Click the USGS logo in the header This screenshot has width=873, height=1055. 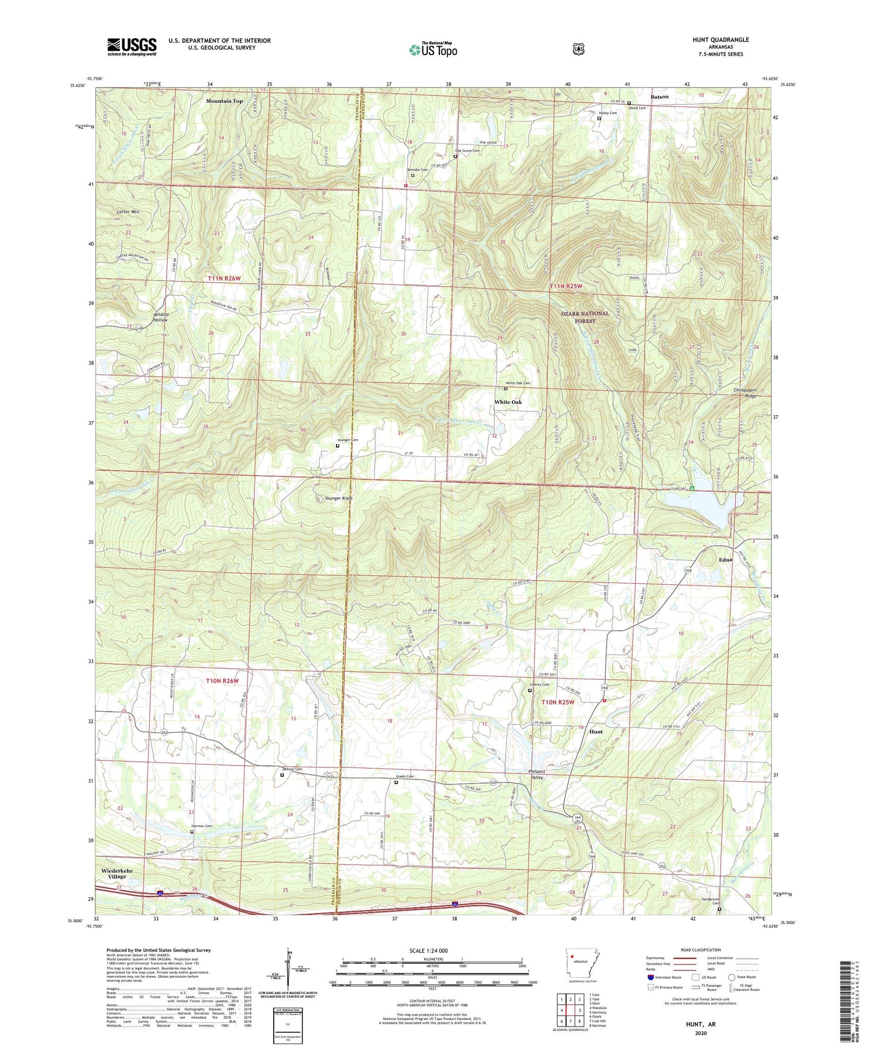[x=132, y=46]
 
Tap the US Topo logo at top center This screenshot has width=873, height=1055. [x=433, y=50]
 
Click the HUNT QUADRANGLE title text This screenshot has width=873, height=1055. [x=720, y=40]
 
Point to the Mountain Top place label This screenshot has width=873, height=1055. [x=224, y=101]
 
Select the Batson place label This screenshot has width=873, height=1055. [x=659, y=97]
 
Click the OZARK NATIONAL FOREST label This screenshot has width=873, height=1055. [x=585, y=317]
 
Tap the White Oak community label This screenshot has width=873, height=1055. [x=507, y=402]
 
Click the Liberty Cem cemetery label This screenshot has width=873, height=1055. [x=539, y=685]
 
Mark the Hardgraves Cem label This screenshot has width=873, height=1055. [x=718, y=901]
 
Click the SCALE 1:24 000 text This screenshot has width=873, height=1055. [x=428, y=950]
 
